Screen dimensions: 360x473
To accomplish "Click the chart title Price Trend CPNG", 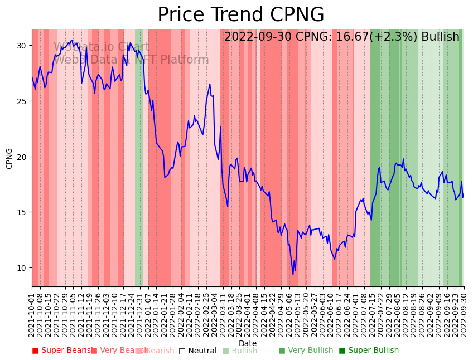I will click(x=240, y=15).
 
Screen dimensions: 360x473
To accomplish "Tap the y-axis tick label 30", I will click(x=21, y=46).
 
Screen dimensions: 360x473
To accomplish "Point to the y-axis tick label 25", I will click(x=21, y=101).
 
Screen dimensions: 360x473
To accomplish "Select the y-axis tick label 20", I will click(x=21, y=157).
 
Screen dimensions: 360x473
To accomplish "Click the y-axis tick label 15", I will click(x=21, y=212).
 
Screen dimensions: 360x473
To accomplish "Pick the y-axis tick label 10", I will click(x=21, y=268).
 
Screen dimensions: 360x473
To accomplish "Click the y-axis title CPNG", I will click(x=9, y=158).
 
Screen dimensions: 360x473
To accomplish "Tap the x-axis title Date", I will click(x=248, y=344).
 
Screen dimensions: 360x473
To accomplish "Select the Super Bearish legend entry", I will click(x=62, y=351).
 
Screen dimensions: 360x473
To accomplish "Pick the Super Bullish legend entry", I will click(x=369, y=351).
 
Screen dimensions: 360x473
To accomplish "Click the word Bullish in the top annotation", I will click(x=440, y=37).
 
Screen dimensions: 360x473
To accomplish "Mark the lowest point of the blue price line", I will click(x=293, y=274).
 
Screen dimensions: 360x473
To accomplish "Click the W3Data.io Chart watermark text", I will click(x=102, y=47).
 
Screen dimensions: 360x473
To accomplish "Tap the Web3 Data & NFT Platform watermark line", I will click(x=131, y=60).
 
